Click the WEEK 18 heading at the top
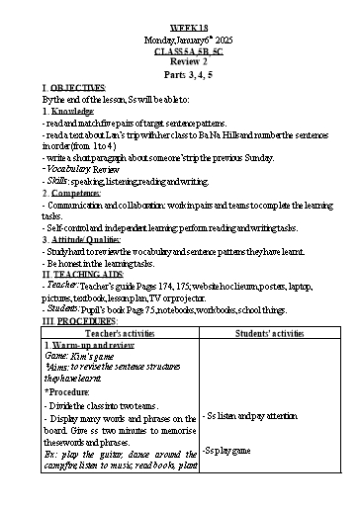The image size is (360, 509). [x=180, y=10]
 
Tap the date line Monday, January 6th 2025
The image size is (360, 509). [x=180, y=23]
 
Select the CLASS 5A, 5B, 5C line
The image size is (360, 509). [x=180, y=34]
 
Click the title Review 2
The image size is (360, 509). [x=180, y=44]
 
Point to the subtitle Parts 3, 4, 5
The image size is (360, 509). [x=180, y=57]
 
